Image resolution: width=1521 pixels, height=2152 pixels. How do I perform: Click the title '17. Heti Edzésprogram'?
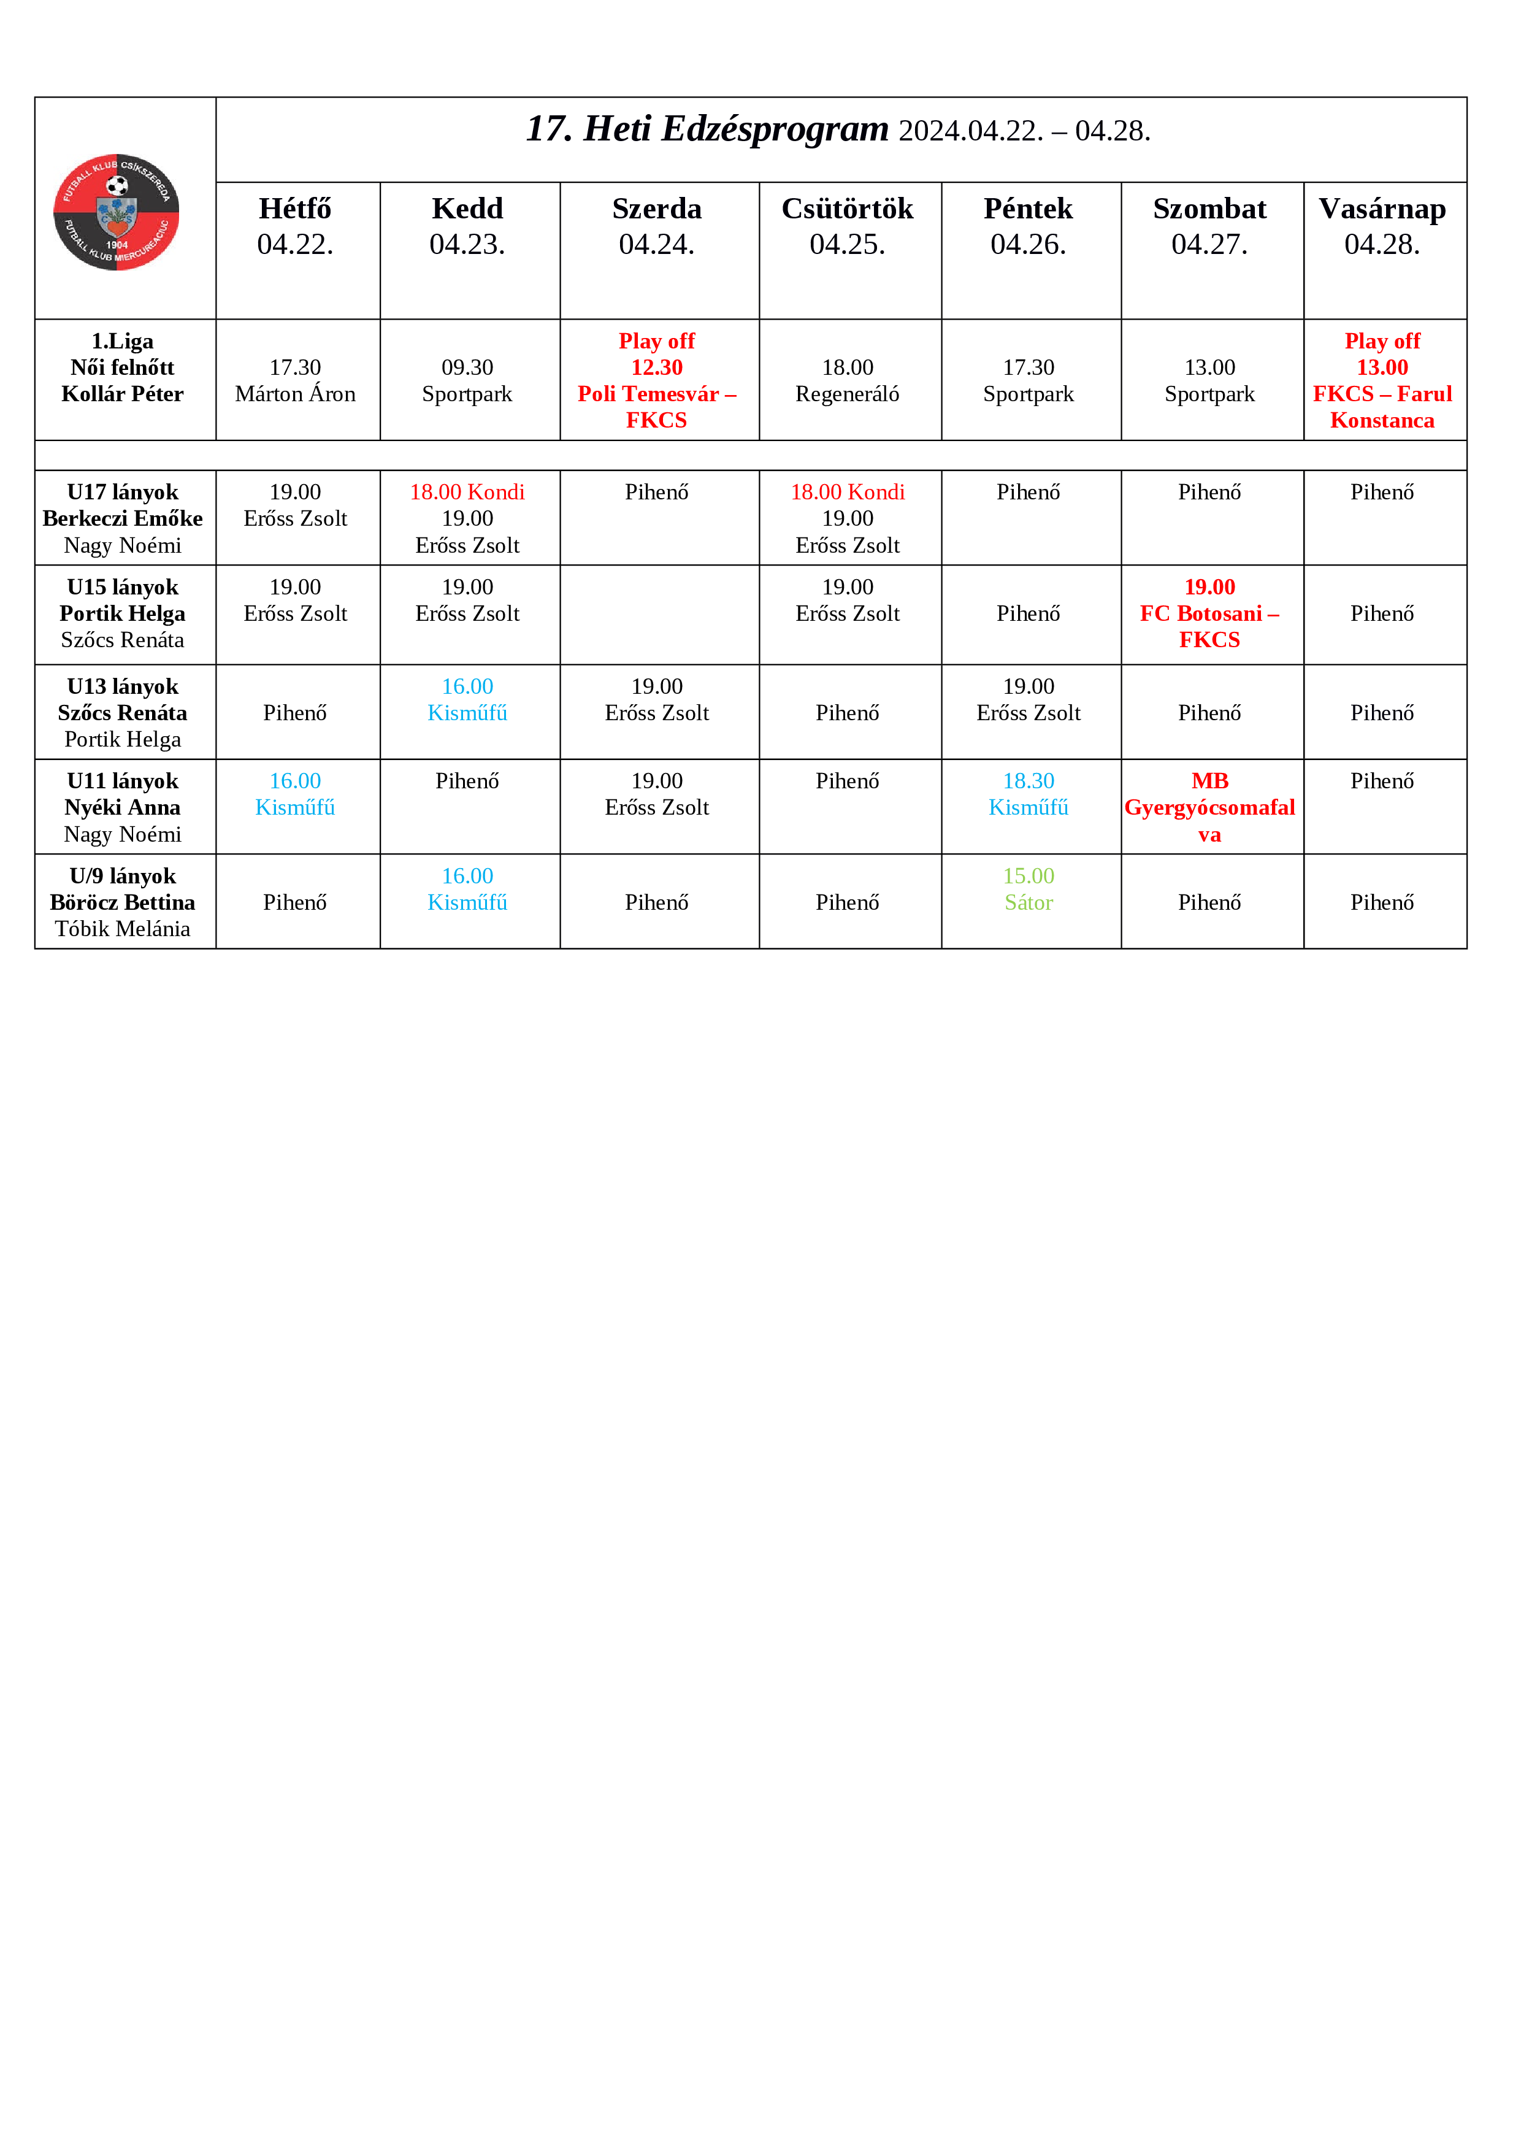pos(708,129)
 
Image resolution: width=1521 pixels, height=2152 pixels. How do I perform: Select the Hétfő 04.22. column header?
pos(295,226)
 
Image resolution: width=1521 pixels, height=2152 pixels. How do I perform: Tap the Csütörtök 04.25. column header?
pos(847,226)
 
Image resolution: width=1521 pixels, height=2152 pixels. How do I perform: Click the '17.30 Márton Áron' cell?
pos(295,380)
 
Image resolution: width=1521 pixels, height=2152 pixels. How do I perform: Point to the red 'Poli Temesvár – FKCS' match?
pos(656,407)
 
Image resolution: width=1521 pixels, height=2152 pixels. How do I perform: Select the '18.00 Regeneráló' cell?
pos(847,380)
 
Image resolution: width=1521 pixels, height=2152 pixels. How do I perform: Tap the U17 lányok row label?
pos(123,493)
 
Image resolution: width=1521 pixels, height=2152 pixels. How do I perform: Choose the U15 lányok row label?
pos(123,588)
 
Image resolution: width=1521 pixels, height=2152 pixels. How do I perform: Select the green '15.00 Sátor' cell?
pos(1028,890)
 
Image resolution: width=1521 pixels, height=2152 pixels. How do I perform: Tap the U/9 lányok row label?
pos(123,877)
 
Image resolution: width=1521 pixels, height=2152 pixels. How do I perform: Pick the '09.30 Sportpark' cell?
pos(467,380)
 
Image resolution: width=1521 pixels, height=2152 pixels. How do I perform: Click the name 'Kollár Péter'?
pos(123,394)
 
